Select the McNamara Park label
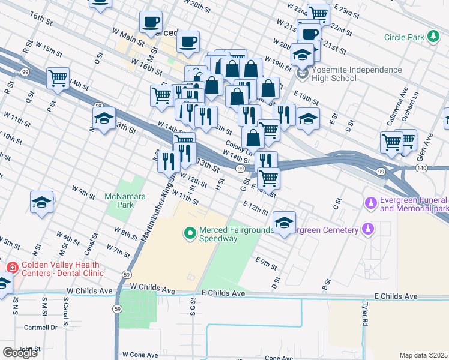click(125, 200)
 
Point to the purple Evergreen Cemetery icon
click(369, 229)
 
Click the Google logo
click(20, 353)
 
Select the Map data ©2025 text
click(423, 355)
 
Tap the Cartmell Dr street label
click(40, 328)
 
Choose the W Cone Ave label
click(142, 355)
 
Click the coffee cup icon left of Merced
click(151, 23)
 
